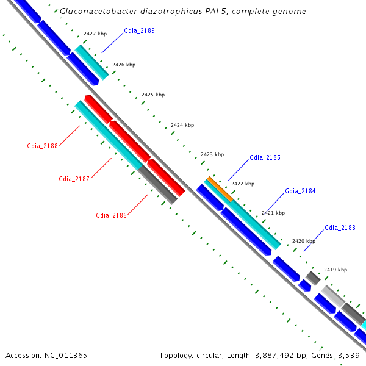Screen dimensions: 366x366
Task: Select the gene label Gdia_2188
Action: tap(42, 146)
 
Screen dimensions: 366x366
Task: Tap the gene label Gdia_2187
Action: tap(74, 179)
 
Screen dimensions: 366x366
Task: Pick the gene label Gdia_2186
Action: tap(111, 215)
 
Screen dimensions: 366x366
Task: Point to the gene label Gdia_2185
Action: tap(265, 158)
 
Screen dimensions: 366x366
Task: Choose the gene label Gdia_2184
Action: tap(300, 192)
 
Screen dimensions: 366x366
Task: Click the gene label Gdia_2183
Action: tap(340, 228)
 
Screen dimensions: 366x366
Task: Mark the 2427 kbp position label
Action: tap(95, 34)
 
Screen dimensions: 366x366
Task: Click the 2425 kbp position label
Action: tap(152, 95)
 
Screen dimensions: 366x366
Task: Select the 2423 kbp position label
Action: tap(212, 154)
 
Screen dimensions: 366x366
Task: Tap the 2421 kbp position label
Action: tap(273, 213)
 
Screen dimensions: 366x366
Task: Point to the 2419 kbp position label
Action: tap(335, 270)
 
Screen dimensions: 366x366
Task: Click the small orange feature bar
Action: tap(220, 189)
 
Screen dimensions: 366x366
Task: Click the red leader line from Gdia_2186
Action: tap(138, 204)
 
